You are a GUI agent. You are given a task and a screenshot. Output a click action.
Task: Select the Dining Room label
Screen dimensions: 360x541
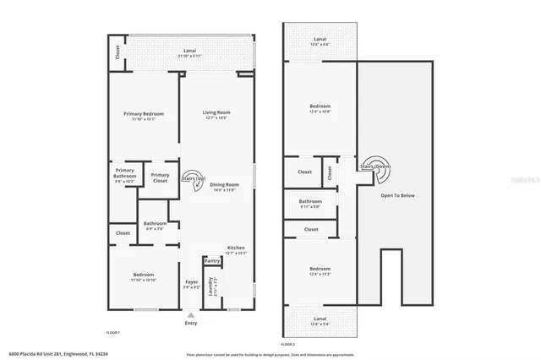[225, 187]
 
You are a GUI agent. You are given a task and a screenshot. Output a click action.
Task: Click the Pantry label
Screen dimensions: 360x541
[212, 261]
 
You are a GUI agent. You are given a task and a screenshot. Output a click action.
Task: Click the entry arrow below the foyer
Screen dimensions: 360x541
[191, 313]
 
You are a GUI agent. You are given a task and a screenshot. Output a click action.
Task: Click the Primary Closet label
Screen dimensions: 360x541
[160, 177]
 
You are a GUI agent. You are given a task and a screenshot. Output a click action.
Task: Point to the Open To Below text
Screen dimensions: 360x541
[397, 195]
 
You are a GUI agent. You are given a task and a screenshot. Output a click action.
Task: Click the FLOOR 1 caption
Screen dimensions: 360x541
[112, 332]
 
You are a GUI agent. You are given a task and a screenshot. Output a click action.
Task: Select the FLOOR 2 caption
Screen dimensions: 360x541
[288, 345]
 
